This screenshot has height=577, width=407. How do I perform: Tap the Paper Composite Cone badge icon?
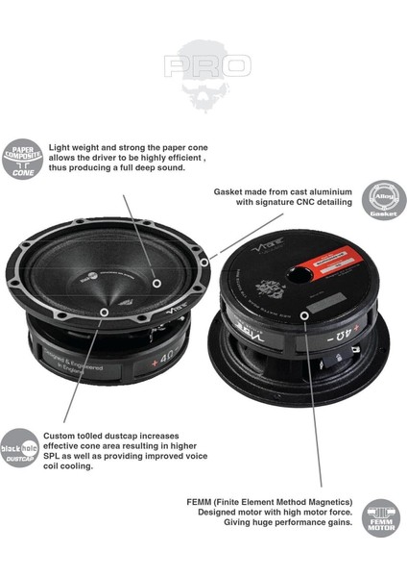coord(22,159)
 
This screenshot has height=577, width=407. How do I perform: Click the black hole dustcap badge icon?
coord(22,449)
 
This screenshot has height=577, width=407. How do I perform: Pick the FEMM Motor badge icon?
coord(382,517)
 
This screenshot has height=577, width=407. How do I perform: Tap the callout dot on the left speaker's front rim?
coord(104,313)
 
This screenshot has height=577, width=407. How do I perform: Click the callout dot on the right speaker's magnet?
coord(302,314)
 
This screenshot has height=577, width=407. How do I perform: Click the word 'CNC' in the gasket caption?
coord(304,203)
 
